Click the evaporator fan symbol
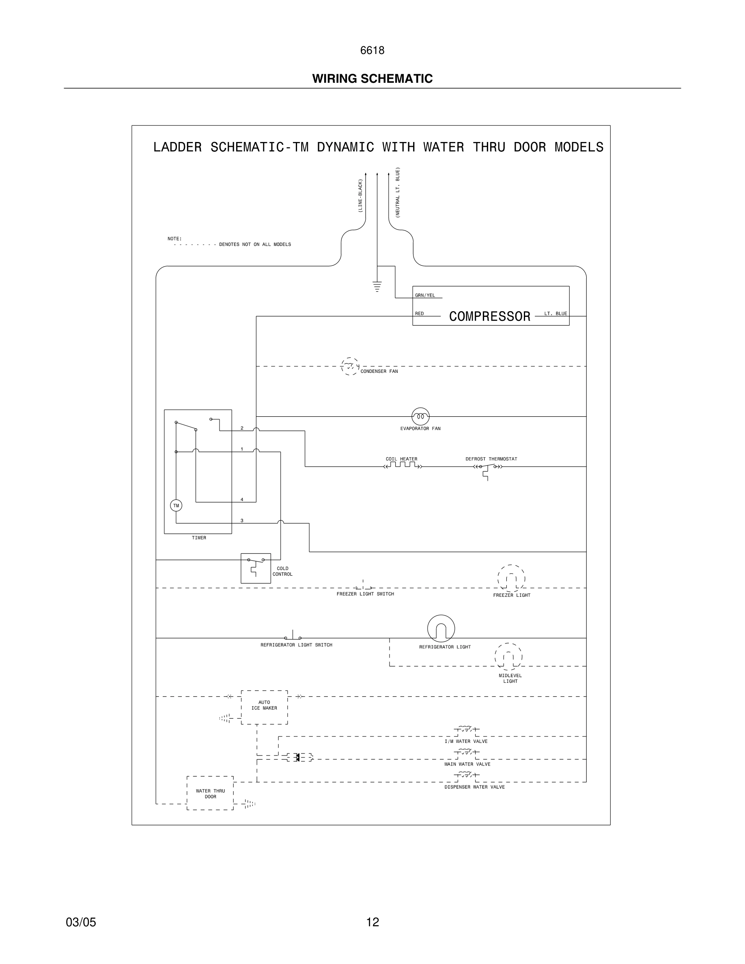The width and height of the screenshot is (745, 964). click(420, 416)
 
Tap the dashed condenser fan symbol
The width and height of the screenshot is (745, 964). click(350, 366)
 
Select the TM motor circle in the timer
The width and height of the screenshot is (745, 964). click(176, 506)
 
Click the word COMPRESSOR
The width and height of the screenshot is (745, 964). click(489, 316)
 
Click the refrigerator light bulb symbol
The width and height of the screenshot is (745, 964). click(441, 628)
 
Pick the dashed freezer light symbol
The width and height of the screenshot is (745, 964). click(511, 578)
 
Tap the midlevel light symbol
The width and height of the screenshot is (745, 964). click(508, 656)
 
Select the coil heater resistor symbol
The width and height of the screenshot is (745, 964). click(403, 465)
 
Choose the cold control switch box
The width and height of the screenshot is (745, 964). click(256, 568)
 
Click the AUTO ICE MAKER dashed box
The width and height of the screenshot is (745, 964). click(265, 707)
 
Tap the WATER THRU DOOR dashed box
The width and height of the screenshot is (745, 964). click(210, 794)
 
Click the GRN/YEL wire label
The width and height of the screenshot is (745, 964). click(425, 295)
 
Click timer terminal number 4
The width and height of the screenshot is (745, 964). click(242, 500)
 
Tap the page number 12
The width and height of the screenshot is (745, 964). click(372, 922)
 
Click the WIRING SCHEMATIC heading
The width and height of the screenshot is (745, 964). click(372, 79)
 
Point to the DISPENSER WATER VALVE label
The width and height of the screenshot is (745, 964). click(474, 787)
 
